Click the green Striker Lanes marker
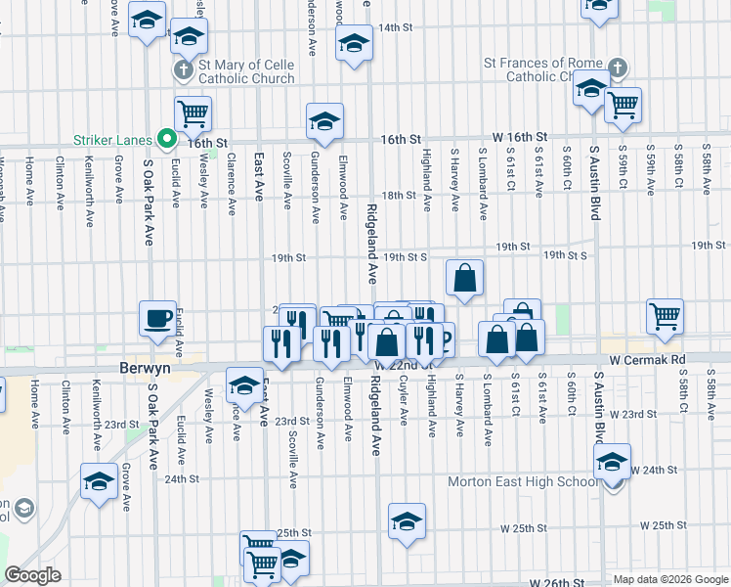click(x=167, y=141)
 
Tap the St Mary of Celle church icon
click(x=183, y=70)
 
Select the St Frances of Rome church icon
click(x=617, y=68)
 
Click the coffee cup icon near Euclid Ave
click(x=157, y=318)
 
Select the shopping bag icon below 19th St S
click(x=465, y=277)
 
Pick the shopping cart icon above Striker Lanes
click(x=193, y=113)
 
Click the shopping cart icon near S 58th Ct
click(x=665, y=316)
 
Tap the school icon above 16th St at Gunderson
click(x=324, y=121)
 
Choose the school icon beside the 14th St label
click(x=354, y=42)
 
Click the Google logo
click(x=33, y=575)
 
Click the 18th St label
click(x=399, y=196)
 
